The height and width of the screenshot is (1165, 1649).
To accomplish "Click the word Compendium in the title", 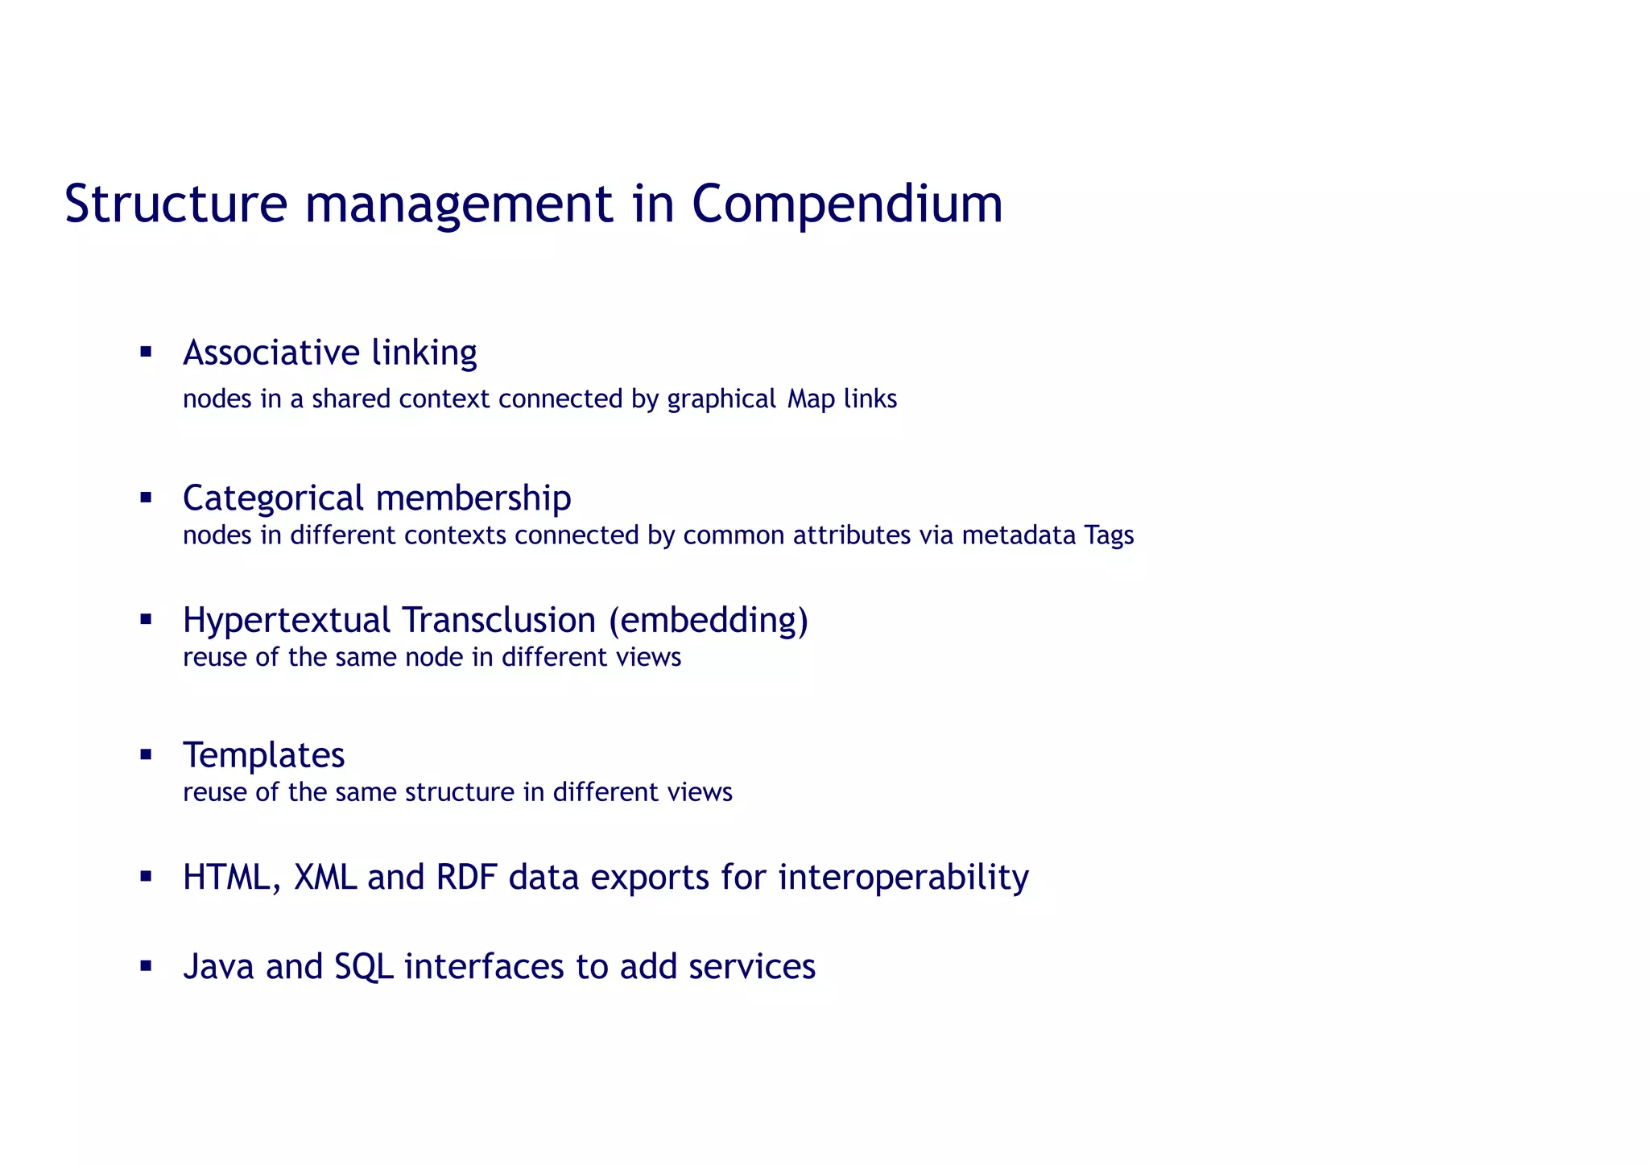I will coord(847,204).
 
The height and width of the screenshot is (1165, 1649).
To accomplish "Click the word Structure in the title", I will coord(176,204).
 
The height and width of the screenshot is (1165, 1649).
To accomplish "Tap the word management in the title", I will coord(458,204).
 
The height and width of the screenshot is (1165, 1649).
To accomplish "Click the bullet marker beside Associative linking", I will coord(146,351).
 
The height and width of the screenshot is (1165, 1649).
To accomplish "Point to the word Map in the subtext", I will coord(811,399).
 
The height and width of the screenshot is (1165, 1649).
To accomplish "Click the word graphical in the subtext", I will coord(721,399).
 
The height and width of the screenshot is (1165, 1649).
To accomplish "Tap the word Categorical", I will coord(273,498).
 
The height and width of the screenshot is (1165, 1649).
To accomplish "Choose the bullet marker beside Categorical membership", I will coord(146,498).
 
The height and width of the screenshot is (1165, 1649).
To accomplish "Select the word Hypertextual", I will coord(287,620).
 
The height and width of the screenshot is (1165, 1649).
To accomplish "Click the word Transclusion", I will coord(498,620).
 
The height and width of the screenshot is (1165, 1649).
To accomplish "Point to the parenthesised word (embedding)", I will coord(708,620).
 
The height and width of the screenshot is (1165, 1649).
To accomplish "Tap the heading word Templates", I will coord(264,755).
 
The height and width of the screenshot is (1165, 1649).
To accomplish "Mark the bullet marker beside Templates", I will coord(146,755).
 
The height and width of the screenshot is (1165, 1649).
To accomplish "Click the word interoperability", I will coord(903,877).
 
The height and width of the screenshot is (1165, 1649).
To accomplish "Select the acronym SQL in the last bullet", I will coord(364,966).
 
